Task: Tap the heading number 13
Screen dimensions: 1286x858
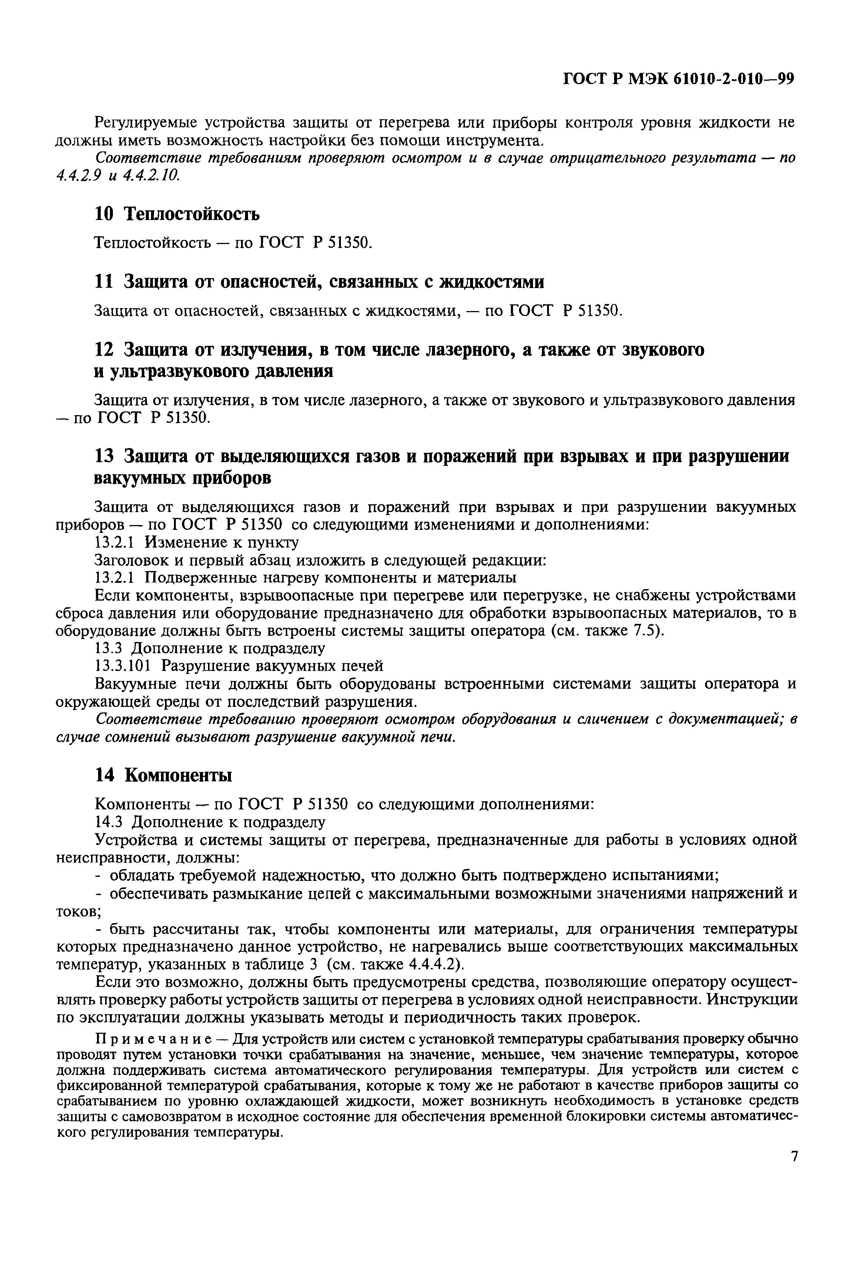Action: [104, 455]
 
